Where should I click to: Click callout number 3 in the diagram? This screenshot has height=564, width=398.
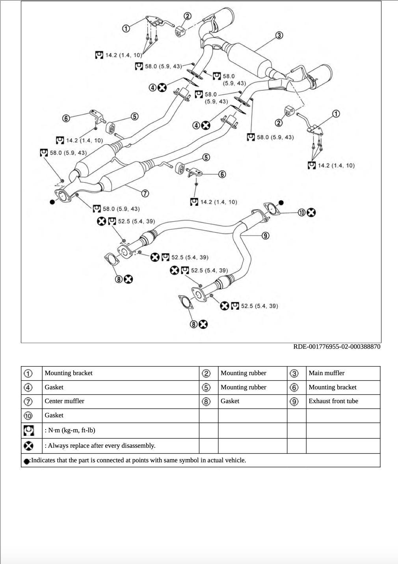tap(279, 35)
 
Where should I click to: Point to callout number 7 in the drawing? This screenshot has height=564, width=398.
tap(145, 193)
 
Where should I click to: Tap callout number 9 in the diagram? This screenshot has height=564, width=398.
tap(266, 236)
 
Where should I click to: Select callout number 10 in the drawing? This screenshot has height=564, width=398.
tap(302, 213)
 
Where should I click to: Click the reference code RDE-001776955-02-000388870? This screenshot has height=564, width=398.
tap(337, 347)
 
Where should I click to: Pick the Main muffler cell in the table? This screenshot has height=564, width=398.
tap(326, 373)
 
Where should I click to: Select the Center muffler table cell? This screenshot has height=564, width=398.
tap(64, 401)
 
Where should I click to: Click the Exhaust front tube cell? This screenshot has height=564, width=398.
tap(333, 401)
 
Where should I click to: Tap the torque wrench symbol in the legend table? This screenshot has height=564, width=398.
tap(28, 430)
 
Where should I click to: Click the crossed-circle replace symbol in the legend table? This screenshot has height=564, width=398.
tap(28, 446)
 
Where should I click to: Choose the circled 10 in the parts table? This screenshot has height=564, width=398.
tap(28, 416)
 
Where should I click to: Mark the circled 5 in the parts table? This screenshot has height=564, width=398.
tap(206, 387)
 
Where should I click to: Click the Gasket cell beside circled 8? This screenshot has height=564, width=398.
tap(230, 401)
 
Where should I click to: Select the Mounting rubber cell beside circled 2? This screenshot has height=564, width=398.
tap(243, 373)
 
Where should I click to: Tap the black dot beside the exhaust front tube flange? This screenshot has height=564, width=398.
tap(281, 203)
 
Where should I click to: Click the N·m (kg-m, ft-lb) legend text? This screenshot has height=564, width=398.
tap(70, 430)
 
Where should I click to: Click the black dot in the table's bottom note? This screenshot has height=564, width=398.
tap(27, 461)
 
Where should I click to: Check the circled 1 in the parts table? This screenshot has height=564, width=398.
tap(28, 373)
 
